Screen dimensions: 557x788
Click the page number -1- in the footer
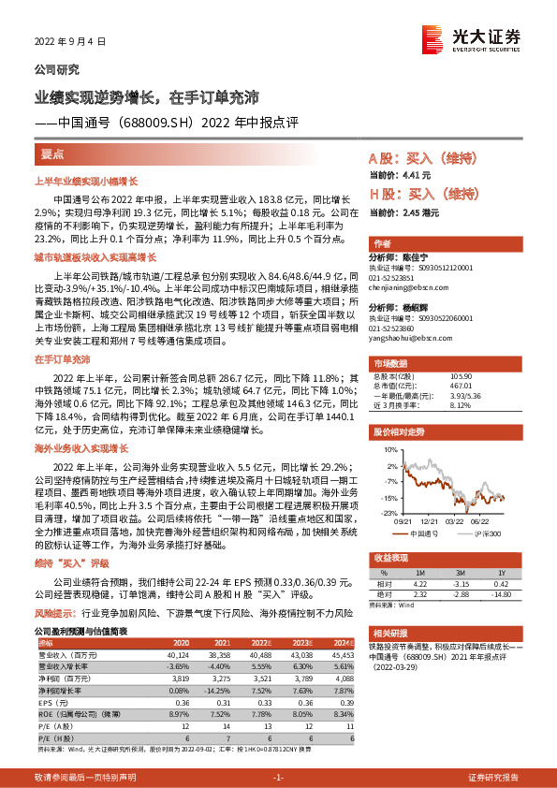(x=277, y=778)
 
